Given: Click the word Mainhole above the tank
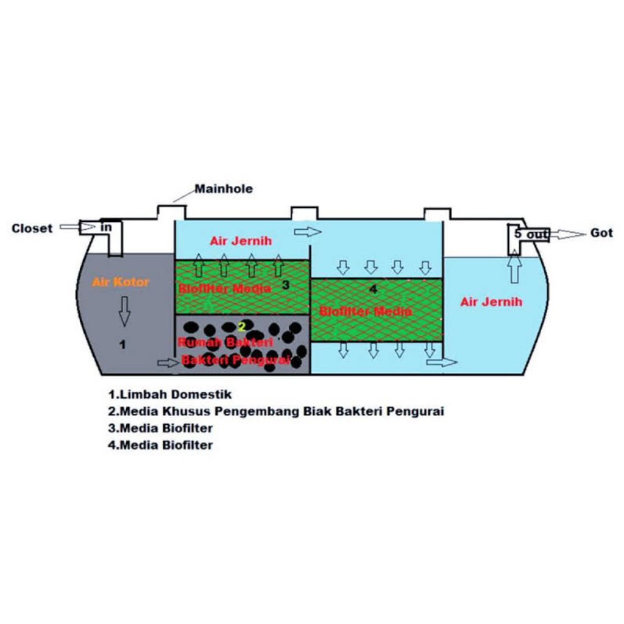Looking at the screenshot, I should click(224, 189).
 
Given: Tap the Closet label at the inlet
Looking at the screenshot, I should click(32, 229).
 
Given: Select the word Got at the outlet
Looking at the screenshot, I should click(601, 233).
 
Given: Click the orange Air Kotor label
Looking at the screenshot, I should click(121, 283).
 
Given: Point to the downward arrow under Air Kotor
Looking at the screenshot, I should click(125, 310).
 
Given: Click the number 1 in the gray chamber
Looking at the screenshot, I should click(122, 345).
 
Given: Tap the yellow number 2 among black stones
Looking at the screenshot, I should click(242, 327).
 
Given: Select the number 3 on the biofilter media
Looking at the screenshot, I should click(285, 285).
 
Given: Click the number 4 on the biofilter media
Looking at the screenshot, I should click(373, 289).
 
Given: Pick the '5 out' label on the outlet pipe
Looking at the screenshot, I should click(531, 234).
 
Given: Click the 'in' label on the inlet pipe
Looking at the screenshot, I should click(106, 227).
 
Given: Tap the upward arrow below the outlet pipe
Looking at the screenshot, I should click(515, 268).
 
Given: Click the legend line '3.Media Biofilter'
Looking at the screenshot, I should click(160, 428).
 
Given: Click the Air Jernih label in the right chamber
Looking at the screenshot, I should click(491, 302).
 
